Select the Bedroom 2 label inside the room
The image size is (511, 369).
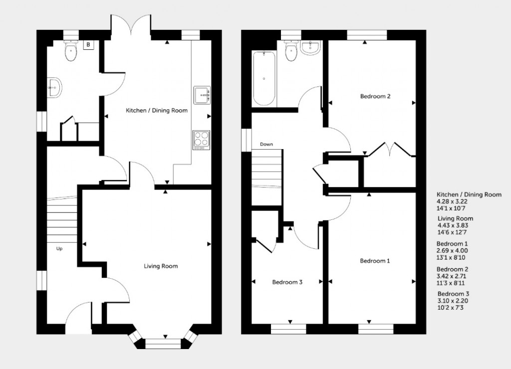pos(375,96)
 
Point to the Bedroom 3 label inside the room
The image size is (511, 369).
pos(287,282)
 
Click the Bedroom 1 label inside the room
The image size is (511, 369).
pos(375,261)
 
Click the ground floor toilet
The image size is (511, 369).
pos(71,51)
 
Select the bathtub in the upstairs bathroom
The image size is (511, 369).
pos(264,78)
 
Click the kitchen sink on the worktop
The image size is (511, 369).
pos(203,95)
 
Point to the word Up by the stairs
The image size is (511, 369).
pos(59,248)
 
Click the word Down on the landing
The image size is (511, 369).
pos(266,145)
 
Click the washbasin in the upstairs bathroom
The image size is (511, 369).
pos(311,48)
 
